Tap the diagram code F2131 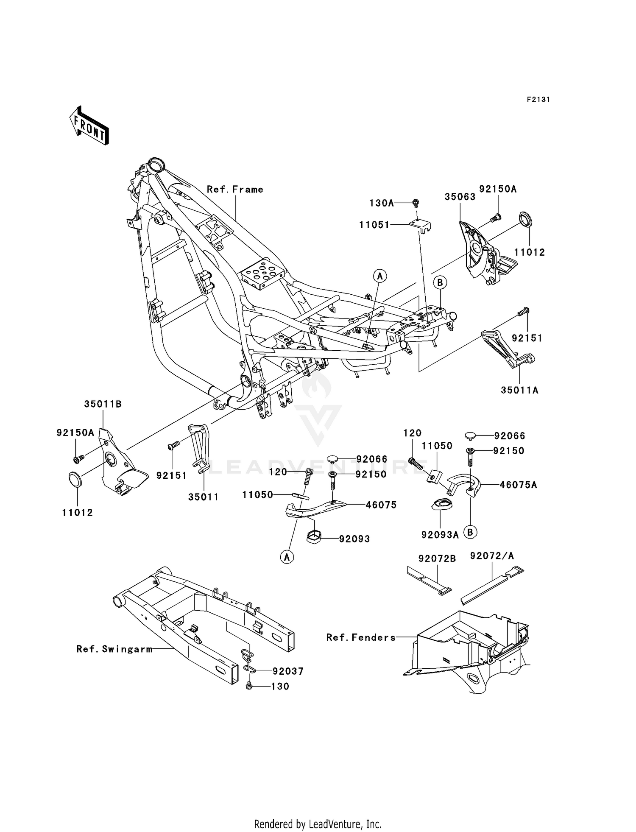[538, 100]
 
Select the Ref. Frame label [235, 190]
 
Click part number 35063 [460, 197]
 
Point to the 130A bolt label [382, 203]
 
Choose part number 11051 [374, 225]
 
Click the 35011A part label [519, 390]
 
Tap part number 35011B [103, 404]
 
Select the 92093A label [440, 535]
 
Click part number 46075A [518, 485]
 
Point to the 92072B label [437, 559]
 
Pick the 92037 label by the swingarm [288, 671]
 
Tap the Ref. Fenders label [361, 637]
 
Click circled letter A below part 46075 [287, 557]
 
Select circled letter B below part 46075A [470, 532]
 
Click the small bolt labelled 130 [249, 686]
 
